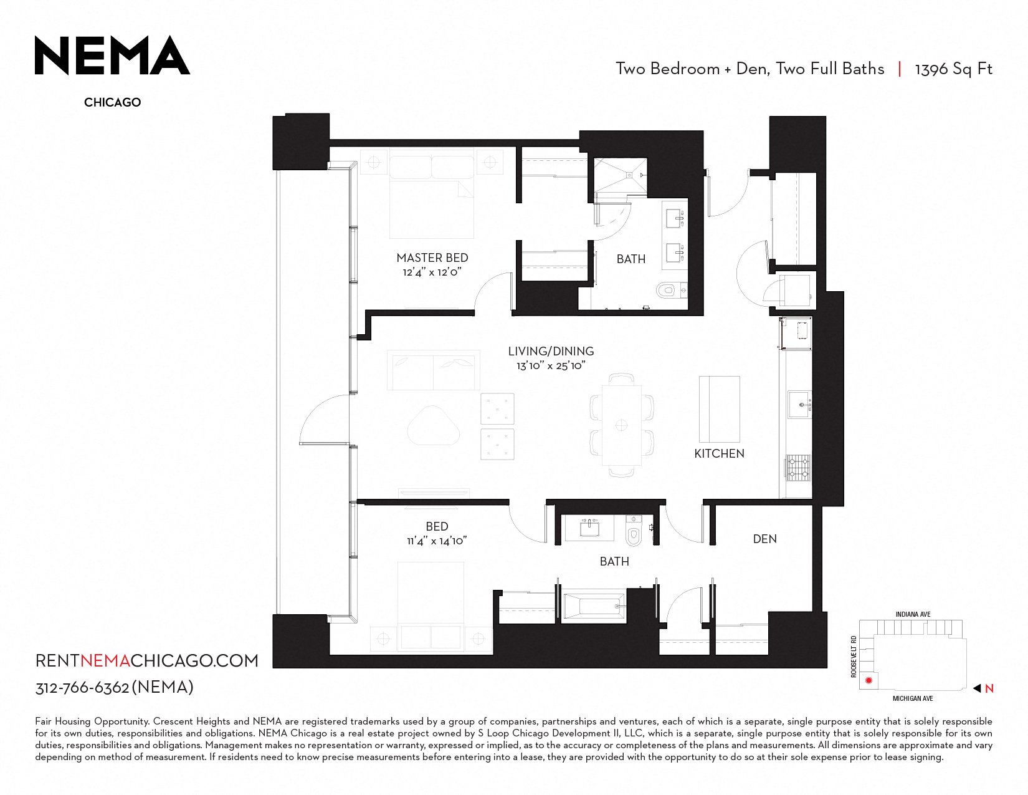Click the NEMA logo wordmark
coord(112,55)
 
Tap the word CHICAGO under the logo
coord(112,102)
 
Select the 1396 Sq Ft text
coord(954,69)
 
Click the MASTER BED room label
coord(432,258)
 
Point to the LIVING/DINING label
coord(551,351)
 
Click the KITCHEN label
coord(719,453)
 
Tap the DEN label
coord(764,539)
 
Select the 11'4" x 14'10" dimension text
coord(437,541)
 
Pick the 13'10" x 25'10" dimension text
coord(551,365)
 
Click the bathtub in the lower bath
coord(593,605)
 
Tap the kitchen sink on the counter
coord(799,405)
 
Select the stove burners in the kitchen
coord(799,468)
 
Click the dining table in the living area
coord(622,425)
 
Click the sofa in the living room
coord(434,370)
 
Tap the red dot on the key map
coord(869,680)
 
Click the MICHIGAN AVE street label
coord(913,698)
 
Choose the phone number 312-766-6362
coord(82,688)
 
